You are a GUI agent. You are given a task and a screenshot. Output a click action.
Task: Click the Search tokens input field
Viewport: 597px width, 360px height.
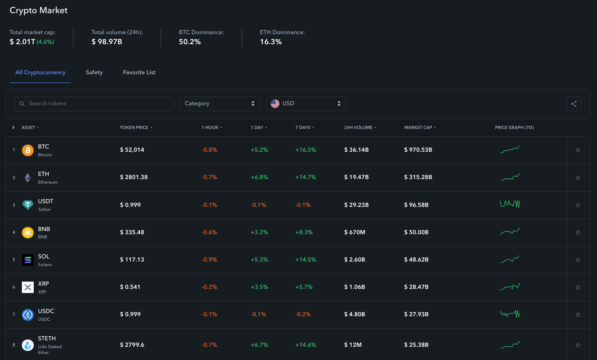point(94,103)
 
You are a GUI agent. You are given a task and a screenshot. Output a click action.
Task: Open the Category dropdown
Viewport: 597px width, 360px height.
point(220,103)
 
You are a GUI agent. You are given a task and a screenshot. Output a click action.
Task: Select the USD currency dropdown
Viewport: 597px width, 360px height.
point(306,103)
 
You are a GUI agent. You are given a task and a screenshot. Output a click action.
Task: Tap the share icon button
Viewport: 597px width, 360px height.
point(574,104)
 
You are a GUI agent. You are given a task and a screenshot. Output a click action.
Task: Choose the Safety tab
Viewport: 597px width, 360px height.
point(94,72)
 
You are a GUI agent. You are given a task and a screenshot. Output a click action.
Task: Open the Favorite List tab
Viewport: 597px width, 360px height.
point(139,72)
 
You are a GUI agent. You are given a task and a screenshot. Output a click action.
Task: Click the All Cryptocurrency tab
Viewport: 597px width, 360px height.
point(40,72)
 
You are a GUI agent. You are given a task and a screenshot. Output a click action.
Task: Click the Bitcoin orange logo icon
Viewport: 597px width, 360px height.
point(28,150)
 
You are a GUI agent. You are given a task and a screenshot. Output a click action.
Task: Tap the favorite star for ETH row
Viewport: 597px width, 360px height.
point(578,178)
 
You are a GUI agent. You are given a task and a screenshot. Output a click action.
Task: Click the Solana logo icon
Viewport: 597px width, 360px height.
point(28,260)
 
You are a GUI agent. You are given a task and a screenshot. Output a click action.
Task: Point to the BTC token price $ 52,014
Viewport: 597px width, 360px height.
point(132,150)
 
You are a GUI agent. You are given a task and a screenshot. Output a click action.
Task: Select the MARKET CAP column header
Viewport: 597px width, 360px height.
point(418,128)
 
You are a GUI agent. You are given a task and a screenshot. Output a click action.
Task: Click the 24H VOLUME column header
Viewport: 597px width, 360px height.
point(359,128)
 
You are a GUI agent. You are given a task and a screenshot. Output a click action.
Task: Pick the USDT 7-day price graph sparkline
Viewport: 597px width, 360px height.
point(510,204)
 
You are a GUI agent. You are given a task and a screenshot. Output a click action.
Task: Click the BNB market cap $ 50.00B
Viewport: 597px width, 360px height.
point(417,232)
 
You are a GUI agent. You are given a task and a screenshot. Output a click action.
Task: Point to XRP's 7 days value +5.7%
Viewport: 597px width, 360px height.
point(304,287)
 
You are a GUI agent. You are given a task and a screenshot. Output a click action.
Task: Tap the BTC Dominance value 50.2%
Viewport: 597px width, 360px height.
point(190,42)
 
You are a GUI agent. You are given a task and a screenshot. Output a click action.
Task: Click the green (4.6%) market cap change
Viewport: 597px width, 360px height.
point(45,42)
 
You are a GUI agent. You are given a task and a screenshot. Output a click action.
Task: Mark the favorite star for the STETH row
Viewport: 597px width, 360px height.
point(578,345)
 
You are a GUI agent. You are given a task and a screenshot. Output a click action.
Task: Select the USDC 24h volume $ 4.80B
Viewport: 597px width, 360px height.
point(355,314)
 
